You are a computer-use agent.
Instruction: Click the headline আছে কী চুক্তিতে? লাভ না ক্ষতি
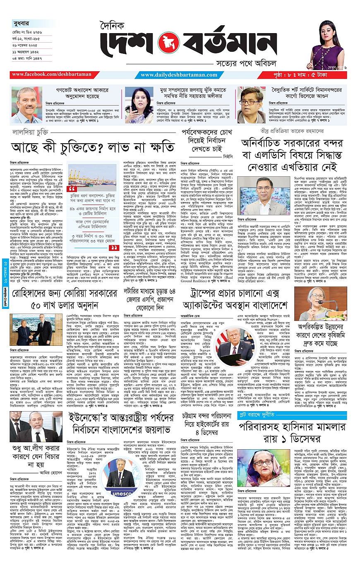[x=92, y=147]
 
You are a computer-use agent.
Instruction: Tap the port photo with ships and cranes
[x=94, y=176]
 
